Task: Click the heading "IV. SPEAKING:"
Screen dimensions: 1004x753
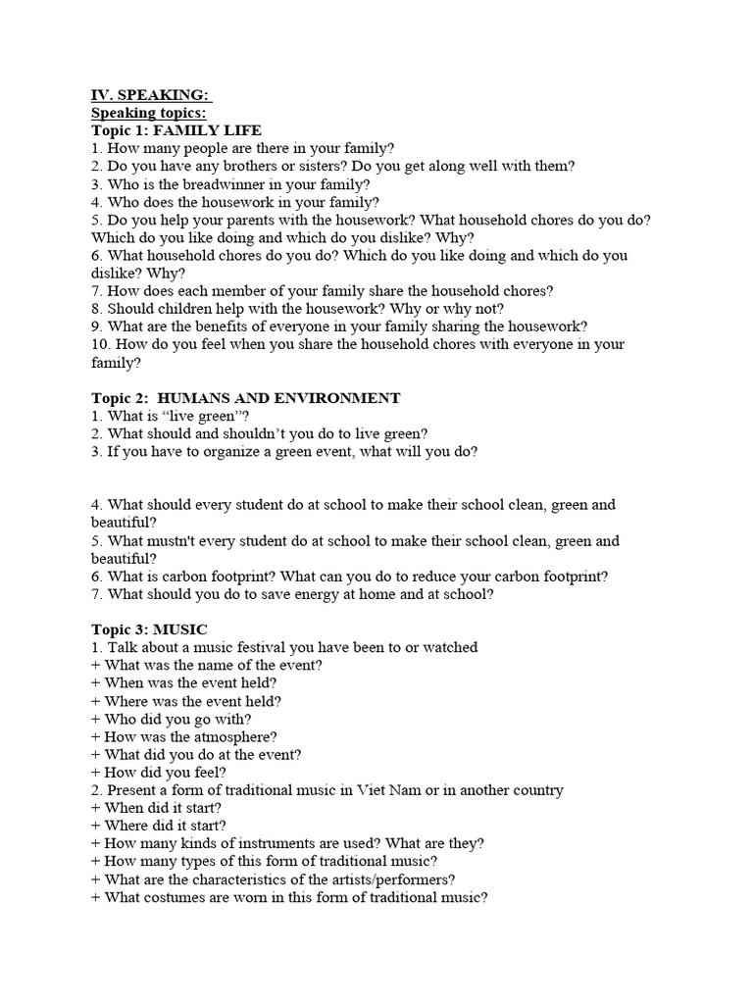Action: click(x=150, y=95)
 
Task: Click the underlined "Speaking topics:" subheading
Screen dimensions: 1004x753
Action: click(x=149, y=113)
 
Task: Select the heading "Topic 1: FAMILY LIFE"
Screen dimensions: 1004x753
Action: click(x=176, y=130)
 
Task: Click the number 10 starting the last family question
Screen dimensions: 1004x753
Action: click(x=99, y=345)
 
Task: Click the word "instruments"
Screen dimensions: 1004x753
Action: click(x=267, y=843)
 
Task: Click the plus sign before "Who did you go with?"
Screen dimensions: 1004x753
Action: click(x=96, y=719)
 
